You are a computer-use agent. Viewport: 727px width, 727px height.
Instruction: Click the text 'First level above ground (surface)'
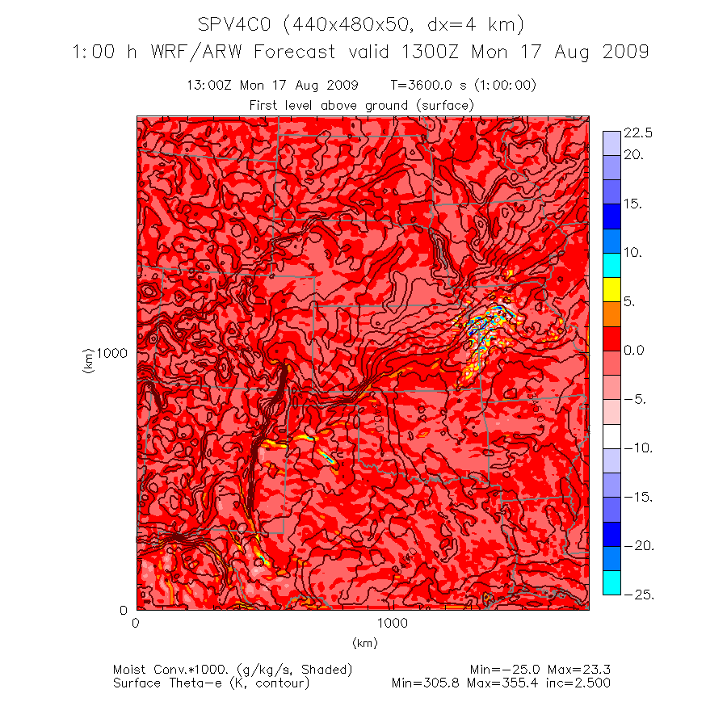click(361, 105)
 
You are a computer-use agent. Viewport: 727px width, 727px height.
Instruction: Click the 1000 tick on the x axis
click(392, 624)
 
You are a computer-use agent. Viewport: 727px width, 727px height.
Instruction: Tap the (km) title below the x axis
click(364, 643)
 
